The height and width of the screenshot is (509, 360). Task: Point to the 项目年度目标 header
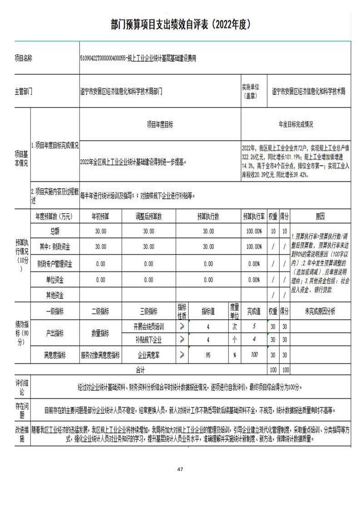[160, 124]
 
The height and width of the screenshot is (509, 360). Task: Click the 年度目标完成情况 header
[296, 124]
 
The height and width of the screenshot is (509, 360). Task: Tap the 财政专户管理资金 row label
[54, 264]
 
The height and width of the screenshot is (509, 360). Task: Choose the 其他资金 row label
[54, 295]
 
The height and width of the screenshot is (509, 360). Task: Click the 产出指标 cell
[54, 333]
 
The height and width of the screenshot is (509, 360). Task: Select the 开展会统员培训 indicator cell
[148, 326]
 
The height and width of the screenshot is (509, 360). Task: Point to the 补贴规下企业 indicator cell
[148, 340]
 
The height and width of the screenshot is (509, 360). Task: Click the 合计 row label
[140, 370]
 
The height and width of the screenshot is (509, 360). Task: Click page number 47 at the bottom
[180, 469]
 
